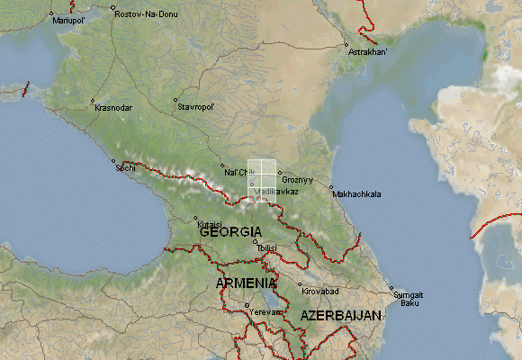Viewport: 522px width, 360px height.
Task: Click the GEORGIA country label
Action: (230, 232)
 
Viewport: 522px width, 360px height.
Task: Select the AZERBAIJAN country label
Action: (341, 316)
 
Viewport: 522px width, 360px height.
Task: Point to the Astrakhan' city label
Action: (369, 52)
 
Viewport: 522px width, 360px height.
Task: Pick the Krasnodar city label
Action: (113, 108)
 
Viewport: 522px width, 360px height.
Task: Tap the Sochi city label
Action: (126, 167)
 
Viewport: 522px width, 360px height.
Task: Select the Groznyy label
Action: (298, 180)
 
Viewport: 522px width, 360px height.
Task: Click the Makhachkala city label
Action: (356, 193)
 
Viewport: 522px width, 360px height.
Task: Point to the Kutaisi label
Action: (197, 224)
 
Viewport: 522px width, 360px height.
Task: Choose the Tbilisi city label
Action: (271, 247)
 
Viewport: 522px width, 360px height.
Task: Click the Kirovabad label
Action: (320, 292)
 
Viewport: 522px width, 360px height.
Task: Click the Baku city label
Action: (409, 302)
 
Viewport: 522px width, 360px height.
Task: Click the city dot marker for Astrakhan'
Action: (346, 44)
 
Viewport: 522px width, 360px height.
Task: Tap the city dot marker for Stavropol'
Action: (176, 100)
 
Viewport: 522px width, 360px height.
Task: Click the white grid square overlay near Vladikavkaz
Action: (262, 180)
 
